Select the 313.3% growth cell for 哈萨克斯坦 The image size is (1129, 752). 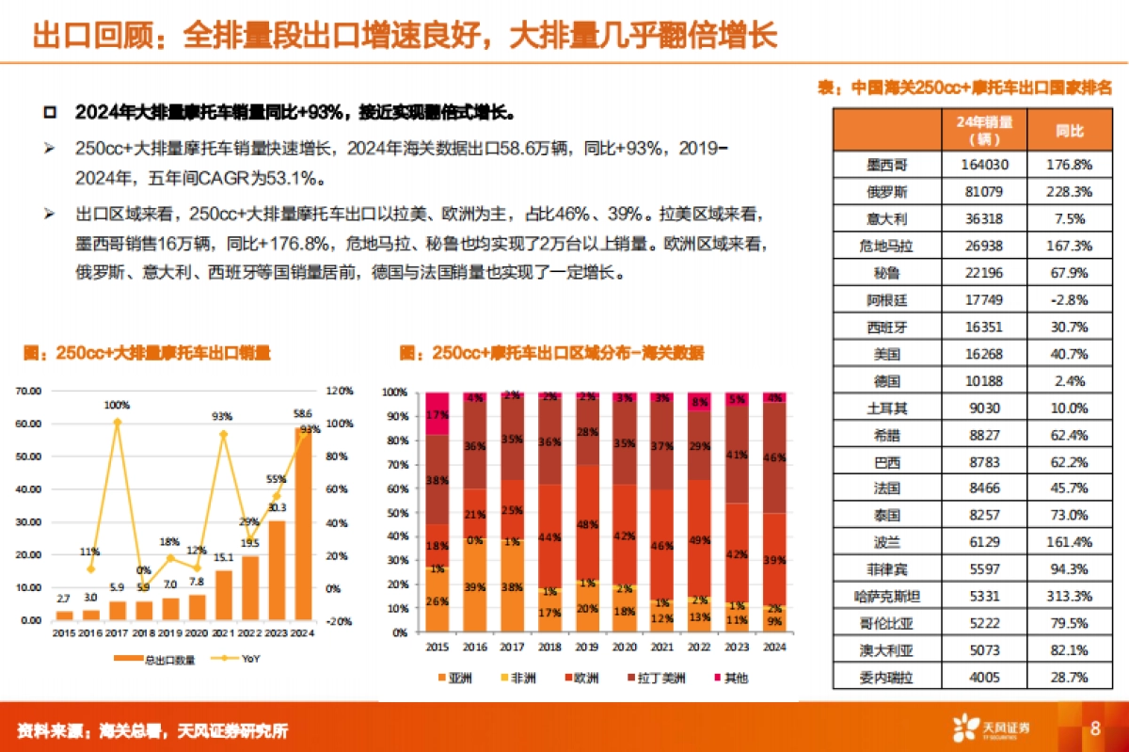pos(1071,595)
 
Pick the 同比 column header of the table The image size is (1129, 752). pos(1071,131)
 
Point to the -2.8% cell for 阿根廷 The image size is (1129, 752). pos(1071,300)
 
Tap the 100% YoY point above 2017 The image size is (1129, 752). pos(117,422)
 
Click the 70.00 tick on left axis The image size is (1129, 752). pos(30,390)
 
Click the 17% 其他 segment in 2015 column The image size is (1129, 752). pos(437,414)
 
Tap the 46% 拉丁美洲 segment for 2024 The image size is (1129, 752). pos(774,457)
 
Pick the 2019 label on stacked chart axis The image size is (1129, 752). pos(587,648)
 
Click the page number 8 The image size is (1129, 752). pos(1095,728)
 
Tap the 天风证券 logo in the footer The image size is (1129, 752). pos(992,728)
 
